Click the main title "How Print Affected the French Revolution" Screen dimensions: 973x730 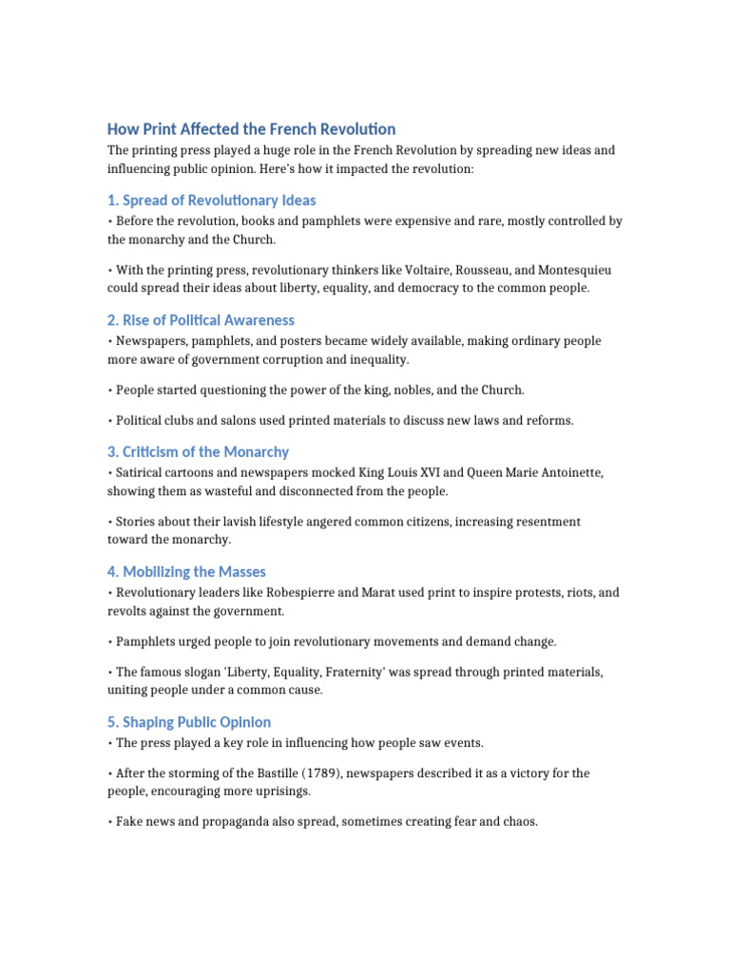251,129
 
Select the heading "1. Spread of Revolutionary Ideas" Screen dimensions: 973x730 211,200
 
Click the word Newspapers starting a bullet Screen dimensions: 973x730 151,341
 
